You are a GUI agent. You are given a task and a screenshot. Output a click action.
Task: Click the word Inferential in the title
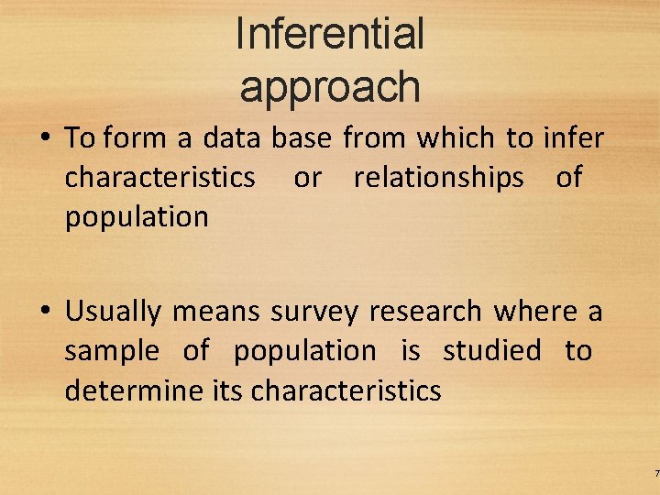coord(330,34)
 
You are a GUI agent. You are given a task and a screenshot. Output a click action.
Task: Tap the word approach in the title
coord(330,86)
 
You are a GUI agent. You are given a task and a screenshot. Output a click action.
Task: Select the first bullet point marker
coord(44,139)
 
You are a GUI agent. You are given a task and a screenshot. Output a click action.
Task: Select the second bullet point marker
coord(44,313)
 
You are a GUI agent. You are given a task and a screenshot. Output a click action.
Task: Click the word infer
coord(574,138)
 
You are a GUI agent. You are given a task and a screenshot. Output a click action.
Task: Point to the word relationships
coord(438,177)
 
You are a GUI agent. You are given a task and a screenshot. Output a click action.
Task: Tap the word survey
coord(313,312)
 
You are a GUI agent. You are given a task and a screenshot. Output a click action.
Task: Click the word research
coord(426,312)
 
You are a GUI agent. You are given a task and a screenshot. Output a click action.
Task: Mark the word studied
coord(492,351)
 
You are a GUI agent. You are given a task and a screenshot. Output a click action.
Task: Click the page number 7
coord(656,473)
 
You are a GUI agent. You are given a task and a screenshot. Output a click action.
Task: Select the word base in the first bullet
coord(302,138)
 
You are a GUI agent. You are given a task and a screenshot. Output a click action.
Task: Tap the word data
coord(233,138)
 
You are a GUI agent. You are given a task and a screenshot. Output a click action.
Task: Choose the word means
coord(216,312)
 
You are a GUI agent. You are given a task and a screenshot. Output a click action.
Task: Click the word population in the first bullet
coord(136,217)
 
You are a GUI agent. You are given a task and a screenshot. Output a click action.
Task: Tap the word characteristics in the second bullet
coord(346,390)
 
